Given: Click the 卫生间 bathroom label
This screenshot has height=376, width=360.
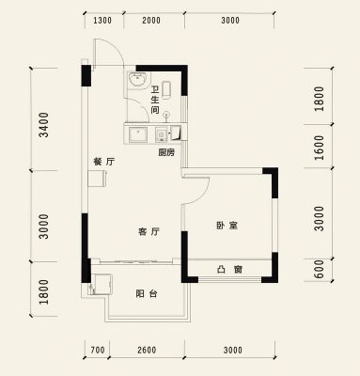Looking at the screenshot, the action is click(x=155, y=101).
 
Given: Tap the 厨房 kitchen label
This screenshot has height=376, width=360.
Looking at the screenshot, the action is click(x=166, y=152).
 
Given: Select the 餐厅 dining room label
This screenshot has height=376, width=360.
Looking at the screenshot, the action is click(x=104, y=162).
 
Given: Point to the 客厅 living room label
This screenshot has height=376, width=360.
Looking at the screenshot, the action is click(x=149, y=232).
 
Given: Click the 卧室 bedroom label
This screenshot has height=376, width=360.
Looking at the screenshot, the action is click(x=227, y=226).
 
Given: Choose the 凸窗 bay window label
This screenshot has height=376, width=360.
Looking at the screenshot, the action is click(x=230, y=269).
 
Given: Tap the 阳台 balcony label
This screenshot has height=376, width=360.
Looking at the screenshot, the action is click(x=147, y=294).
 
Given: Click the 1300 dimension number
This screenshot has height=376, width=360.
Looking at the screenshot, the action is click(x=102, y=21).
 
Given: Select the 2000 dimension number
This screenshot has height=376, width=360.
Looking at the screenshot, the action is click(x=151, y=21).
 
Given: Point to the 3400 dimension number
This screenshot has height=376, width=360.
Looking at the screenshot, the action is click(x=44, y=125).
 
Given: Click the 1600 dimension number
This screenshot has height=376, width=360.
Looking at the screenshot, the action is click(x=319, y=148).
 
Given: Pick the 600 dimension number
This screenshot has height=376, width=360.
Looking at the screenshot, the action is click(x=319, y=269).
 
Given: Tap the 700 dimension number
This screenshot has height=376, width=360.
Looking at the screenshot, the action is click(x=98, y=350).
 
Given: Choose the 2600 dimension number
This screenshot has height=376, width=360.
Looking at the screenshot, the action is click(x=147, y=350).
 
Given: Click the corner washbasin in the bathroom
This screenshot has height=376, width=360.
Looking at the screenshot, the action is click(x=137, y=79).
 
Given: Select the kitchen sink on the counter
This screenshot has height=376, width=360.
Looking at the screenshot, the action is click(x=138, y=135).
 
